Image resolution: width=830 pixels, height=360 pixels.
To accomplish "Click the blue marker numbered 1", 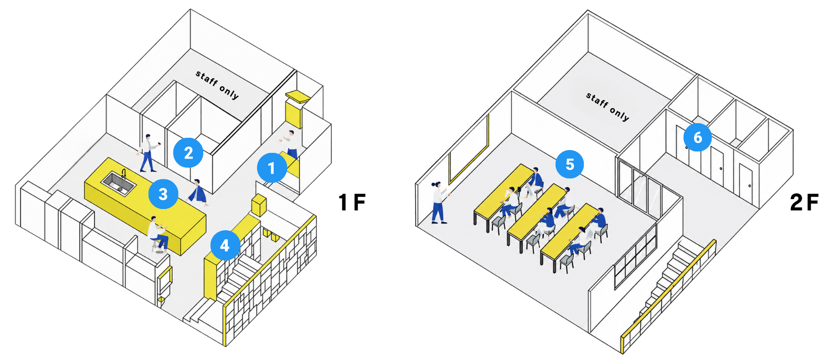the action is tap(272, 167).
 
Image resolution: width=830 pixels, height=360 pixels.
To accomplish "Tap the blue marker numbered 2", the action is tap(188, 152).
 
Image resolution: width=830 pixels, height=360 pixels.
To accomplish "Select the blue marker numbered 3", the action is tap(163, 194).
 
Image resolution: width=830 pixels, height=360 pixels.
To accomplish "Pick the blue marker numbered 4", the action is tap(225, 245).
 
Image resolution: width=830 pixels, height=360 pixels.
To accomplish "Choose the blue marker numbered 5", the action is tap(570, 164).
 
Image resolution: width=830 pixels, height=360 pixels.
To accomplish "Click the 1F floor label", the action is tap(352, 202).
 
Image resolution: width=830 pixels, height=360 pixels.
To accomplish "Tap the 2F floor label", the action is tap(804, 202).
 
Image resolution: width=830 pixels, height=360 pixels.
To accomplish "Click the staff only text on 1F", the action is tap(217, 84).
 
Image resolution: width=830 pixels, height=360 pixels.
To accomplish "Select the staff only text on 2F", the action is tap(607, 107).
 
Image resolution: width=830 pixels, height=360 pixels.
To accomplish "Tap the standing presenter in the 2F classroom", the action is tap(440, 202).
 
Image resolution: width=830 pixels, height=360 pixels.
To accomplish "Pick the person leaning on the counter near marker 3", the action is tap(198, 193).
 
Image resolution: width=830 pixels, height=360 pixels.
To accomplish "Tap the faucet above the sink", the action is tap(124, 174).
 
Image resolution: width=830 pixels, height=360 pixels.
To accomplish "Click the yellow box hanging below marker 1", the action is tap(259, 205).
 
